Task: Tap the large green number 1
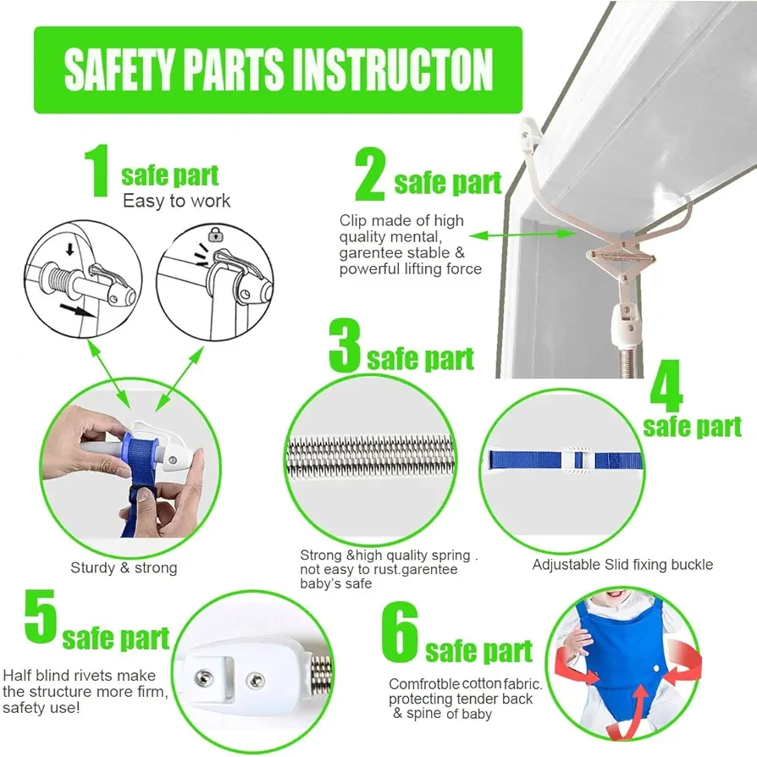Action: (98, 170)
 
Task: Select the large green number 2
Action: (370, 174)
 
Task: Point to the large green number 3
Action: (345, 345)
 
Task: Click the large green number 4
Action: (666, 385)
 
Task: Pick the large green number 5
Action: (41, 616)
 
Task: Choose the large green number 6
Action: (400, 633)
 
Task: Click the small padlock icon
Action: (215, 235)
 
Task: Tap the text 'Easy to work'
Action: (177, 201)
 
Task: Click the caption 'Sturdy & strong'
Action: (124, 567)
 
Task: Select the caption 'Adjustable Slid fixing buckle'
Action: (622, 565)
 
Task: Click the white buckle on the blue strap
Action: (577, 459)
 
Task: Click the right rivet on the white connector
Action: (256, 681)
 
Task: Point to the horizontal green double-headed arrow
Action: (522, 235)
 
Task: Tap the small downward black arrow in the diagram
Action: (70, 249)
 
